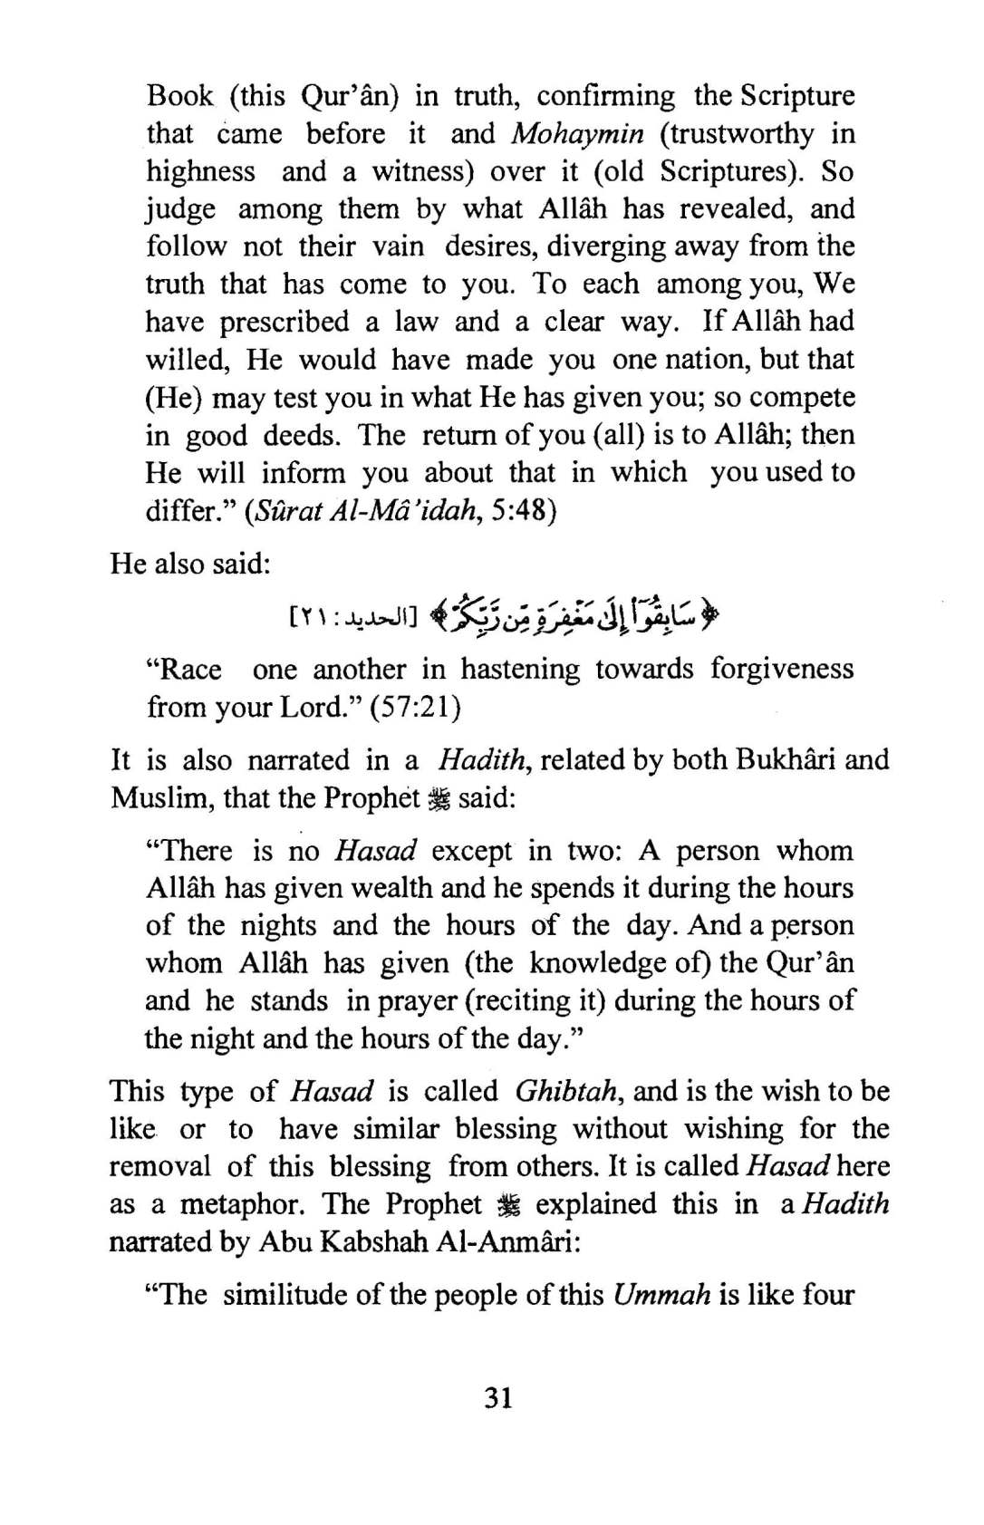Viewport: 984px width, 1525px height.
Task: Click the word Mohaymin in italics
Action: coord(577,134)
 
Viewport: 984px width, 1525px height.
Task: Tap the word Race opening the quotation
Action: coord(190,670)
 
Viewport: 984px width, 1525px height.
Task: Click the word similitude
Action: coord(285,1294)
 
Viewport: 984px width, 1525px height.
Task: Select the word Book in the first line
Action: coord(180,96)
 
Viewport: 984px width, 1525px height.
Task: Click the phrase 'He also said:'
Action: coord(190,564)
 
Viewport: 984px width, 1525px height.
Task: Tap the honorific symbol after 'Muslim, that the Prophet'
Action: coord(439,798)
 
